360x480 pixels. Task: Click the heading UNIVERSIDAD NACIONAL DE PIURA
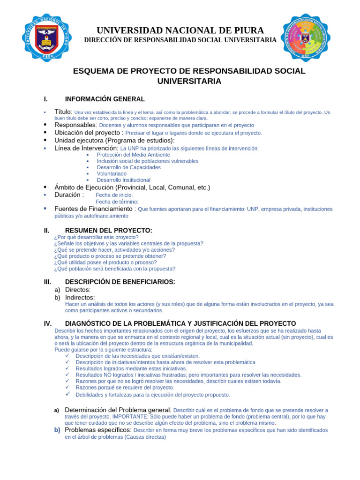click(x=180, y=30)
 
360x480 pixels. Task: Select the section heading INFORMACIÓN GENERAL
click(x=105, y=99)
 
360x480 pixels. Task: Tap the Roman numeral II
click(x=46, y=231)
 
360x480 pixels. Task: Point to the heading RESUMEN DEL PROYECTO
click(x=108, y=231)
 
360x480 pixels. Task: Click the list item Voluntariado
click(x=112, y=173)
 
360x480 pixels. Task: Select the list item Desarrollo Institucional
click(x=123, y=180)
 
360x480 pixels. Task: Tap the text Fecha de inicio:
click(x=114, y=195)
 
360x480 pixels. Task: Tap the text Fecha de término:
click(x=117, y=202)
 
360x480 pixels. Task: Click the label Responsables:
click(x=75, y=125)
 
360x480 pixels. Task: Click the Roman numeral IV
click(x=47, y=323)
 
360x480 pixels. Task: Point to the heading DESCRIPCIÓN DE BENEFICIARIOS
click(x=120, y=282)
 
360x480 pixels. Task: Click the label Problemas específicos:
click(x=98, y=430)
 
